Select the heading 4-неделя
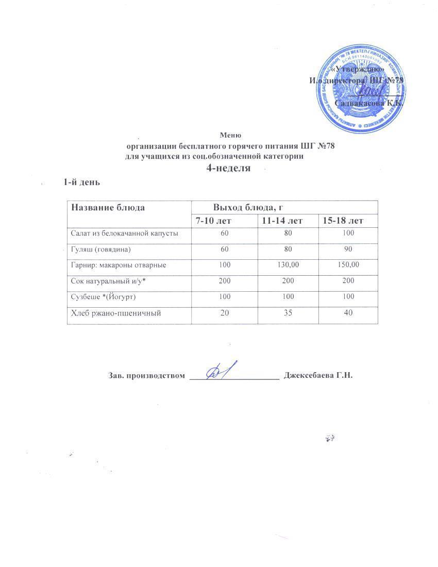(x=228, y=169)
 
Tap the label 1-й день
(x=81, y=182)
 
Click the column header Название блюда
(x=108, y=208)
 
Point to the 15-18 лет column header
(x=343, y=221)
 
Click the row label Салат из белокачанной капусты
(x=125, y=234)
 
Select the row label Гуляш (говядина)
(x=101, y=249)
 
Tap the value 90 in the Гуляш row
(x=348, y=249)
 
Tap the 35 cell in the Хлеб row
(x=287, y=313)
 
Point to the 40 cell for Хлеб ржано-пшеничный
(x=348, y=313)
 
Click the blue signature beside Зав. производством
(x=223, y=370)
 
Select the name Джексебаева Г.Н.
(x=318, y=375)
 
